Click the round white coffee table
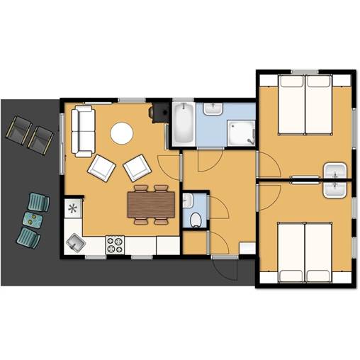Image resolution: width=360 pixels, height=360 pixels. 122,133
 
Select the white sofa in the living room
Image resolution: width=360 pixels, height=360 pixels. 83,131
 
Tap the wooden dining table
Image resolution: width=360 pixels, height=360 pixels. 150,205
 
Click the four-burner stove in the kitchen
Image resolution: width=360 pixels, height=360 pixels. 116,244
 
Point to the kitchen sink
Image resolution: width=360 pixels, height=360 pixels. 75,244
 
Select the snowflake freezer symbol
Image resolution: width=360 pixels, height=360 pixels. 73,208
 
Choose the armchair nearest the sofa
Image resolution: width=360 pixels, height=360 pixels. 102,168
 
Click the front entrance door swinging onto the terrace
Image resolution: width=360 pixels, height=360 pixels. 225,267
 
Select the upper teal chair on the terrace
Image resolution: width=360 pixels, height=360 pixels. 39,202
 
